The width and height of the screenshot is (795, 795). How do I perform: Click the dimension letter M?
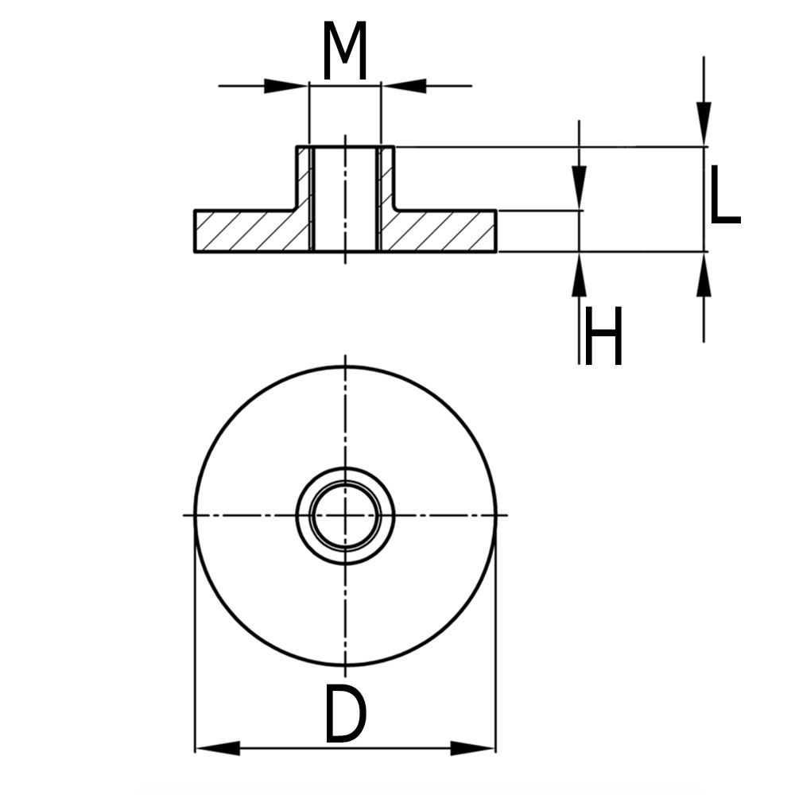click(x=344, y=52)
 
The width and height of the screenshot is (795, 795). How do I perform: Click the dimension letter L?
click(x=723, y=195)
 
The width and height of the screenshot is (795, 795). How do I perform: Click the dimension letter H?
click(x=603, y=336)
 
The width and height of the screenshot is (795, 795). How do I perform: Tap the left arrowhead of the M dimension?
click(x=286, y=86)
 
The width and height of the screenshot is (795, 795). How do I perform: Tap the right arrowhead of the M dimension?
click(x=404, y=86)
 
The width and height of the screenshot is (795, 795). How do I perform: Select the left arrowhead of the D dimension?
click(x=217, y=748)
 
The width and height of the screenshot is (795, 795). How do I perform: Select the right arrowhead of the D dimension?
click(x=473, y=748)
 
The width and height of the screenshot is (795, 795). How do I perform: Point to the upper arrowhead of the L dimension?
click(x=704, y=125)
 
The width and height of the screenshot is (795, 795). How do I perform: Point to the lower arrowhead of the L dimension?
click(x=704, y=274)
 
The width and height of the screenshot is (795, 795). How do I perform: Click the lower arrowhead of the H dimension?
click(x=579, y=275)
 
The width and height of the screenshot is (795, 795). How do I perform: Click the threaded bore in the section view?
click(x=345, y=199)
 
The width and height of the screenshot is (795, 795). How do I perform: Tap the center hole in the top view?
click(x=345, y=515)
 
